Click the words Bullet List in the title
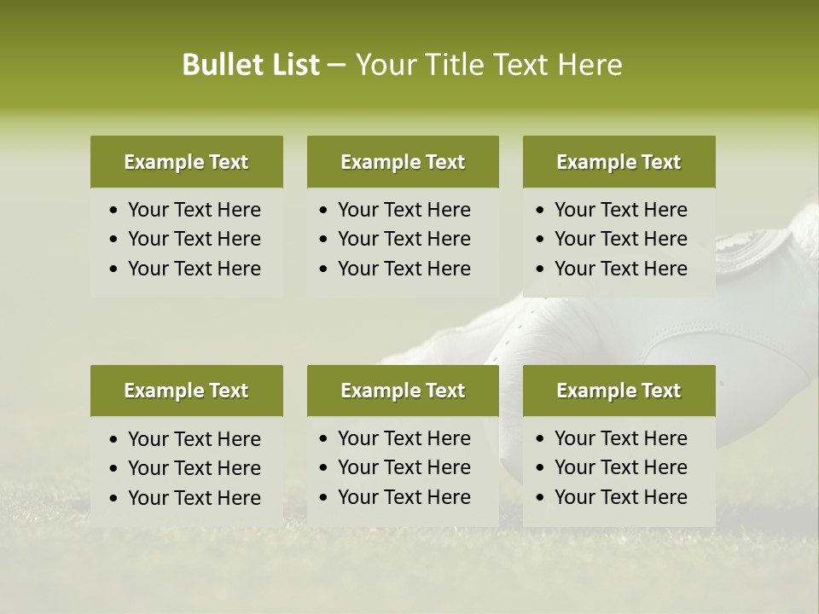[x=251, y=65]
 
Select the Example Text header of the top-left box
[x=186, y=162]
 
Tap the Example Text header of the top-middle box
[x=403, y=162]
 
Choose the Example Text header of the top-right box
[x=619, y=162]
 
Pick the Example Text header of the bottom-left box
[x=186, y=391]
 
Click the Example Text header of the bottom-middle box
[x=403, y=391]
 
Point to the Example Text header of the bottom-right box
[x=619, y=391]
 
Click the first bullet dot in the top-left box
[x=114, y=211]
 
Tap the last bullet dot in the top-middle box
[x=324, y=269]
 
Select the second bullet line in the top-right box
[x=620, y=239]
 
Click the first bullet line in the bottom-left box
[x=194, y=439]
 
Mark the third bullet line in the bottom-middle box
[x=404, y=497]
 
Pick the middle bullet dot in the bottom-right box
[x=541, y=468]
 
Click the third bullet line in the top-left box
[x=194, y=269]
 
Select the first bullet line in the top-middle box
[x=404, y=210]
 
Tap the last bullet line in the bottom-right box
[x=620, y=497]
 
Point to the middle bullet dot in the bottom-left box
[x=114, y=469]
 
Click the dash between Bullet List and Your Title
[x=337, y=65]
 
